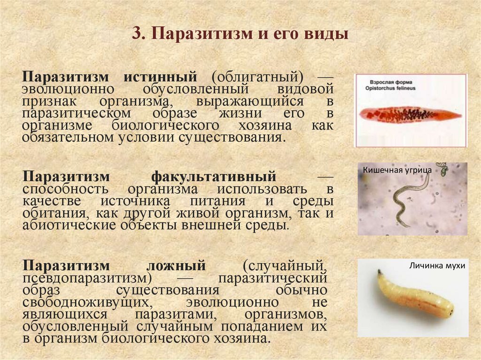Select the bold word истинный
(160, 77)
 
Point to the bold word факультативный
(213, 177)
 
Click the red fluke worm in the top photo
(406, 114)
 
